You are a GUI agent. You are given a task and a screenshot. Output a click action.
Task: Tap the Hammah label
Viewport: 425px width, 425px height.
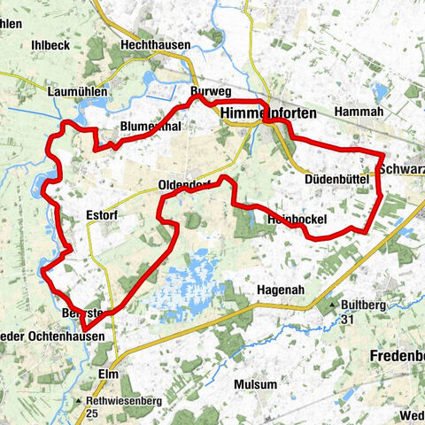359,112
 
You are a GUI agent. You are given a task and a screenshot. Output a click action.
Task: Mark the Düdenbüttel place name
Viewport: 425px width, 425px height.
336,179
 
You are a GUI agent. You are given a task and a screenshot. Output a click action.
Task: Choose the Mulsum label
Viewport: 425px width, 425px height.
254,385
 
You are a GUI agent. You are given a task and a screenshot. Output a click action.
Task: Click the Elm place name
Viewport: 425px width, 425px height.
108,373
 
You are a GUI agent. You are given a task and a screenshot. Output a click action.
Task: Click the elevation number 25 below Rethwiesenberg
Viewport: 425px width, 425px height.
93,413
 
